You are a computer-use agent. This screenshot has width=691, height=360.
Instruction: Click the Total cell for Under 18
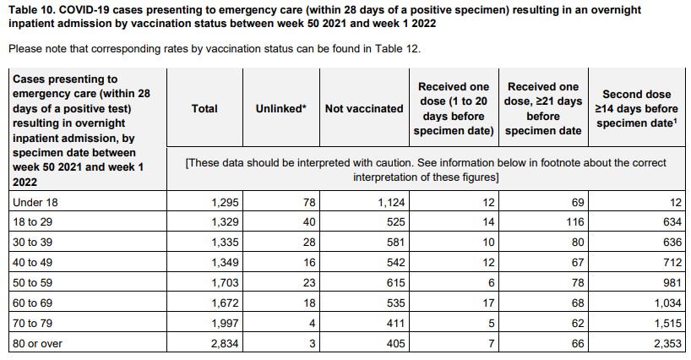[225, 202]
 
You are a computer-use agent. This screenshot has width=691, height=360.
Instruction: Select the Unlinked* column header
[280, 108]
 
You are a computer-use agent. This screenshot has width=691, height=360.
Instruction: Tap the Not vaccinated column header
[364, 108]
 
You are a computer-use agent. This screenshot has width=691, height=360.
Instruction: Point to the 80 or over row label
[37, 343]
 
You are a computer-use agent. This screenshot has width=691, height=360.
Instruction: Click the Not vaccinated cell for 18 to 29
[395, 221]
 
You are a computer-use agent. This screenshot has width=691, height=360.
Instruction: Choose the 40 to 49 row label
[33, 262]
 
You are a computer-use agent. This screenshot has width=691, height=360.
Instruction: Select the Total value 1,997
[225, 323]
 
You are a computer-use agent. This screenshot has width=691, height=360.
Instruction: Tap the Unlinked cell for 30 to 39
[309, 242]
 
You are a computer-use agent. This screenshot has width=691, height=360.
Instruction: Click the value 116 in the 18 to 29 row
[575, 221]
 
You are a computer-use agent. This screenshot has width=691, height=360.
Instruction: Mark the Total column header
[204, 108]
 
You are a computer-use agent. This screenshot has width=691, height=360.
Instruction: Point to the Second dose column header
[637, 108]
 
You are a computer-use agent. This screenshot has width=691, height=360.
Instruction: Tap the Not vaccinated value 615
[395, 282]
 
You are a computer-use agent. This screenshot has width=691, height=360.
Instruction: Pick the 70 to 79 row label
[33, 323]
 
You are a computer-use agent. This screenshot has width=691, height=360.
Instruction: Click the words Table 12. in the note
[398, 48]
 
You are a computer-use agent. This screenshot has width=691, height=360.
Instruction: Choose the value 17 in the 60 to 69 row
[488, 303]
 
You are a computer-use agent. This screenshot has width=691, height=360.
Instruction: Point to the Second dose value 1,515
[668, 323]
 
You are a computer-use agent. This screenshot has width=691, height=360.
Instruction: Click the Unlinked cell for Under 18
[309, 202]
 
